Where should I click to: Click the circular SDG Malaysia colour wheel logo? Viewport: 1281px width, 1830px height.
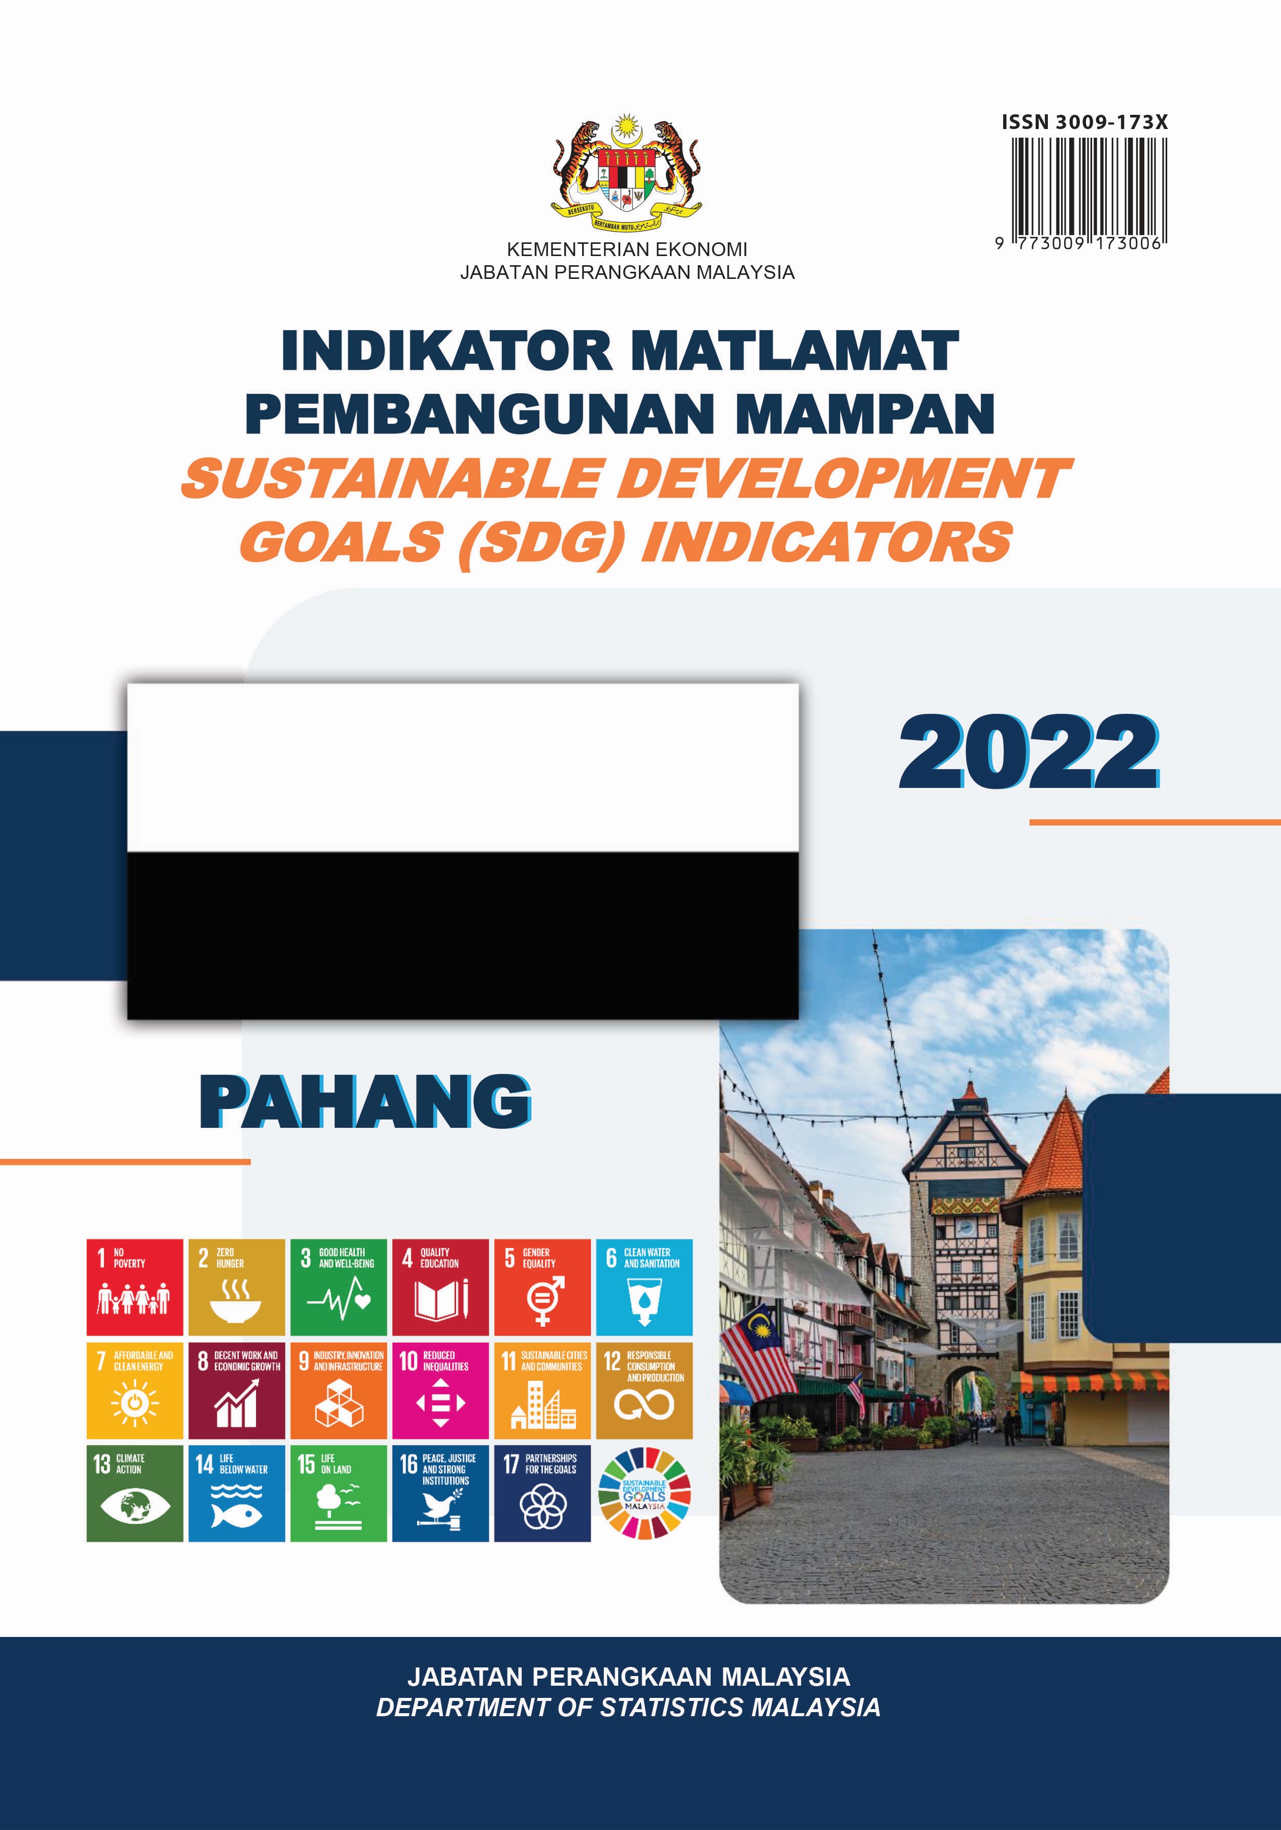645,1493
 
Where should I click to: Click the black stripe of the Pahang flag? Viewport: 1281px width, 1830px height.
463,934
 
